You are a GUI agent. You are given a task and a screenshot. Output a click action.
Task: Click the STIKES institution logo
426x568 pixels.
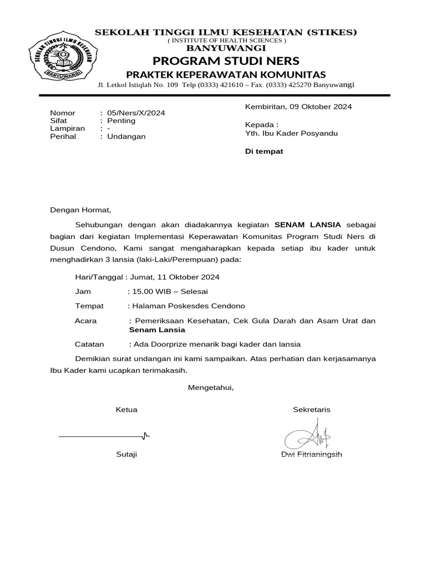point(60,57)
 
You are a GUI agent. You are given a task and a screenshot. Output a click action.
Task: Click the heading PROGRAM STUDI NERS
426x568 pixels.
point(226,60)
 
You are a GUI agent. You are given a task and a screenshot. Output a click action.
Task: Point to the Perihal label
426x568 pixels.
point(63,136)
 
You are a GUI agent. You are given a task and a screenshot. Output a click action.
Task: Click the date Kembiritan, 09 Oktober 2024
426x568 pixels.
point(298,106)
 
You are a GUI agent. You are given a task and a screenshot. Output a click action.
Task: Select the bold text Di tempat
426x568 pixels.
point(264,151)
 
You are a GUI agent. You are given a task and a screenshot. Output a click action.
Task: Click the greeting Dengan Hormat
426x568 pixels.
point(81,210)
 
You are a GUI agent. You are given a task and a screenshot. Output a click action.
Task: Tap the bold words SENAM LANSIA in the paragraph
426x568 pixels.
point(308,225)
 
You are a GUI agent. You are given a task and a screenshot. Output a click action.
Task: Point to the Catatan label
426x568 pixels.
point(89,344)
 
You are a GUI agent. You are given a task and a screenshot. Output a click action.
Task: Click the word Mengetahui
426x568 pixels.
point(211,387)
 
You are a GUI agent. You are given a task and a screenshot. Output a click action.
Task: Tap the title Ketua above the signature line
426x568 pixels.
point(126,409)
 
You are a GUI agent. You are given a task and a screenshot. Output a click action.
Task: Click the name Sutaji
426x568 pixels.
point(126,454)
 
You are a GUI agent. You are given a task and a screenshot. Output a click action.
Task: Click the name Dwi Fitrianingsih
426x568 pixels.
point(312,454)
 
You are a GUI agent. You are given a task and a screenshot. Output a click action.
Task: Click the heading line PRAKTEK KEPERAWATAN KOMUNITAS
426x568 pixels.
point(226,74)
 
